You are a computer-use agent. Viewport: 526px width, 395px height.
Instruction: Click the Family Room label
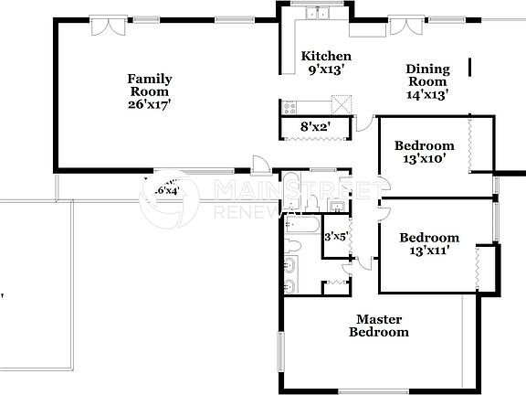pyautogui.click(x=150, y=85)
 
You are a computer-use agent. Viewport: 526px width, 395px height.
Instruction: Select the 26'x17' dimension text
pyautogui.click(x=150, y=104)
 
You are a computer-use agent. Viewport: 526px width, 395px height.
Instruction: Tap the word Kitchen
pyautogui.click(x=326, y=56)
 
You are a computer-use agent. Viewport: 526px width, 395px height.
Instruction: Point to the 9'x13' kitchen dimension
pyautogui.click(x=326, y=69)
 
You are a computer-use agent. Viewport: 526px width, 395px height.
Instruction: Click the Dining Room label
pyautogui.click(x=426, y=75)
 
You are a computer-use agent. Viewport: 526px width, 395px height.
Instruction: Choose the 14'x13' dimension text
pyautogui.click(x=426, y=94)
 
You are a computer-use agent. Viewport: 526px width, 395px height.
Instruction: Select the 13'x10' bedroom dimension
pyautogui.click(x=424, y=159)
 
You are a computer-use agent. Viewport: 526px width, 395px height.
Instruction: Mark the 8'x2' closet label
pyautogui.click(x=315, y=128)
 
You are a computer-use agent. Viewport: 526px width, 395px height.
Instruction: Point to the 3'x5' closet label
pyautogui.click(x=336, y=237)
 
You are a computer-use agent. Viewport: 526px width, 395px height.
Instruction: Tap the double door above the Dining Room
pyautogui.click(x=404, y=24)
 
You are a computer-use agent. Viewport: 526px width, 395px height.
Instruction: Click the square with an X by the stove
pyautogui.click(x=342, y=103)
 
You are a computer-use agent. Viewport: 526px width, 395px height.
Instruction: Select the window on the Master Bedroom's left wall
pyautogui.click(x=281, y=352)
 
